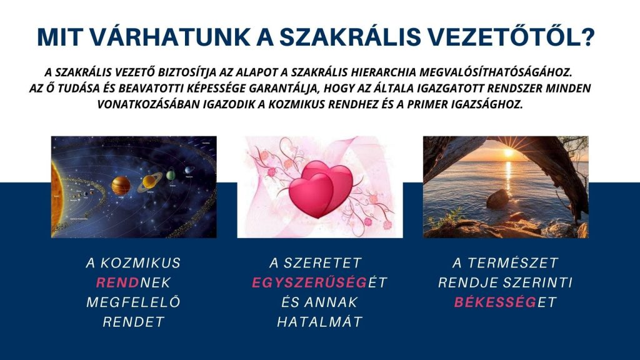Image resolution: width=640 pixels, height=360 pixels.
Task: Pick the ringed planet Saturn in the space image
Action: click(x=150, y=182)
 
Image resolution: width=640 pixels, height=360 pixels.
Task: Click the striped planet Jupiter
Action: click(x=121, y=186)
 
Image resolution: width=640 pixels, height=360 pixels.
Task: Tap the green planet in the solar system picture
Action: click(x=171, y=175)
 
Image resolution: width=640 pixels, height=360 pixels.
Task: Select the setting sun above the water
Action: click(x=509, y=152)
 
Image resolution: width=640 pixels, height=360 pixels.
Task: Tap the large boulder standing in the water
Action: click(x=497, y=199)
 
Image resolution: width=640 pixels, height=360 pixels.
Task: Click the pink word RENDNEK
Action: click(x=134, y=282)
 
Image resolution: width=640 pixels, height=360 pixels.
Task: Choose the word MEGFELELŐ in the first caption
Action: click(x=134, y=302)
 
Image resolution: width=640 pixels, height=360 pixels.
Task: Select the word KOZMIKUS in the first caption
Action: click(x=141, y=263)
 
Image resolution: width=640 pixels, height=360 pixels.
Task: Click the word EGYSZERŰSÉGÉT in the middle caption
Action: click(x=319, y=282)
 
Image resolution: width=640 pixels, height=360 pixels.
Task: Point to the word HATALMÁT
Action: click(x=319, y=322)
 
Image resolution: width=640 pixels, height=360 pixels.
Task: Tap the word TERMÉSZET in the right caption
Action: click(x=513, y=263)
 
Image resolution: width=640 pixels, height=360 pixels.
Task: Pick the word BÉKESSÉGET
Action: click(x=505, y=302)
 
